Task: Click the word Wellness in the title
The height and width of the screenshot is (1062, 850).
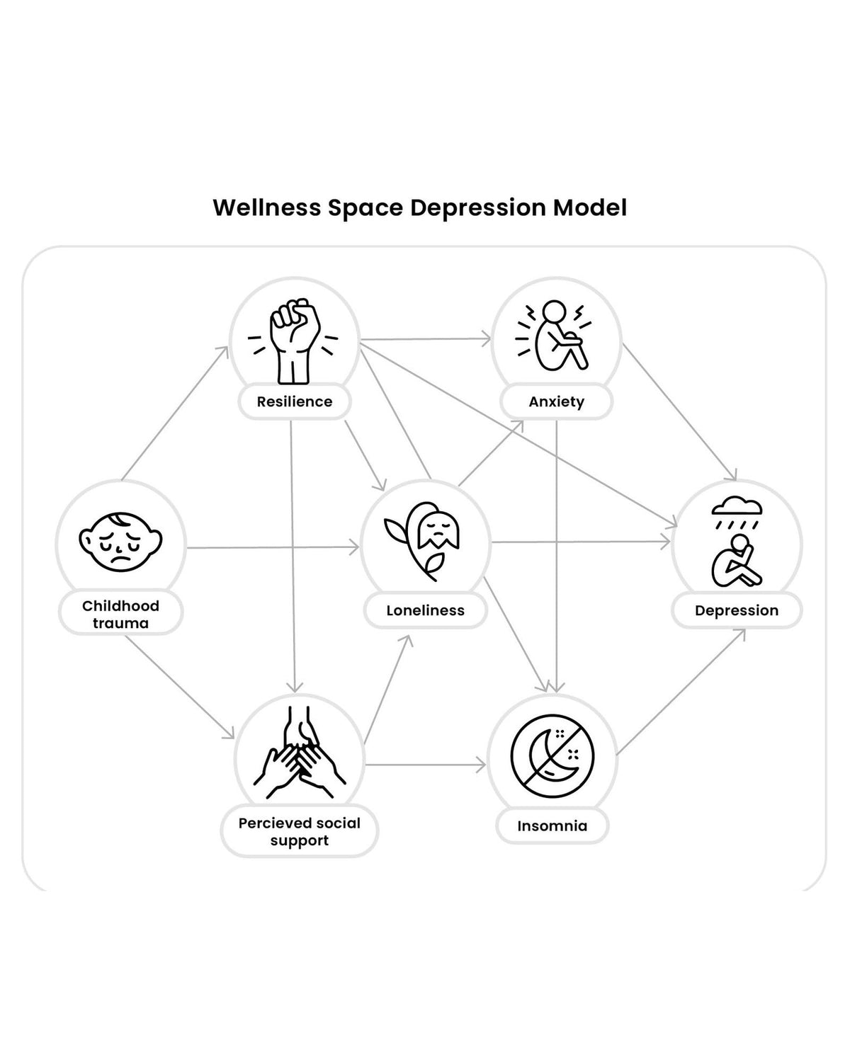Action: point(267,207)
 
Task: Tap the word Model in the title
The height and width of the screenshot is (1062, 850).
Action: point(590,207)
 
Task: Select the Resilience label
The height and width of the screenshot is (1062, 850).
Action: point(295,401)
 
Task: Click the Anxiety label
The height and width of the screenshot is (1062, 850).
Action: point(556,401)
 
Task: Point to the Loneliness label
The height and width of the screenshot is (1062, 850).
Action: point(425,610)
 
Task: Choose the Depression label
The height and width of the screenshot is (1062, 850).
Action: point(737,610)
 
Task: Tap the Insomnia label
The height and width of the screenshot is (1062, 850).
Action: point(552,826)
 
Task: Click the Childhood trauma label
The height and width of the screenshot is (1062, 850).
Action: point(120,615)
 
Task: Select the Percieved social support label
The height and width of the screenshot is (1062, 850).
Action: point(300,831)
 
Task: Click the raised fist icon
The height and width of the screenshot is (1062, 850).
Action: point(293,341)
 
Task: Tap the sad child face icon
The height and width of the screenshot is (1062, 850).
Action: point(120,542)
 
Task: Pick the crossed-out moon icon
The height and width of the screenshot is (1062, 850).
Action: point(552,756)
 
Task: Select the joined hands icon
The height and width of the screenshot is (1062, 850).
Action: point(300,753)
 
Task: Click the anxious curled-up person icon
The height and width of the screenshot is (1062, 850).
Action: point(554,336)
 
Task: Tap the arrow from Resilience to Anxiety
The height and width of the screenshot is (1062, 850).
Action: point(426,339)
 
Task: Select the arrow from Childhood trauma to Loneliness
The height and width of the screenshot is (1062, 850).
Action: point(273,547)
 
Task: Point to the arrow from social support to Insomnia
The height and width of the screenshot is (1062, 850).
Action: point(426,765)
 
